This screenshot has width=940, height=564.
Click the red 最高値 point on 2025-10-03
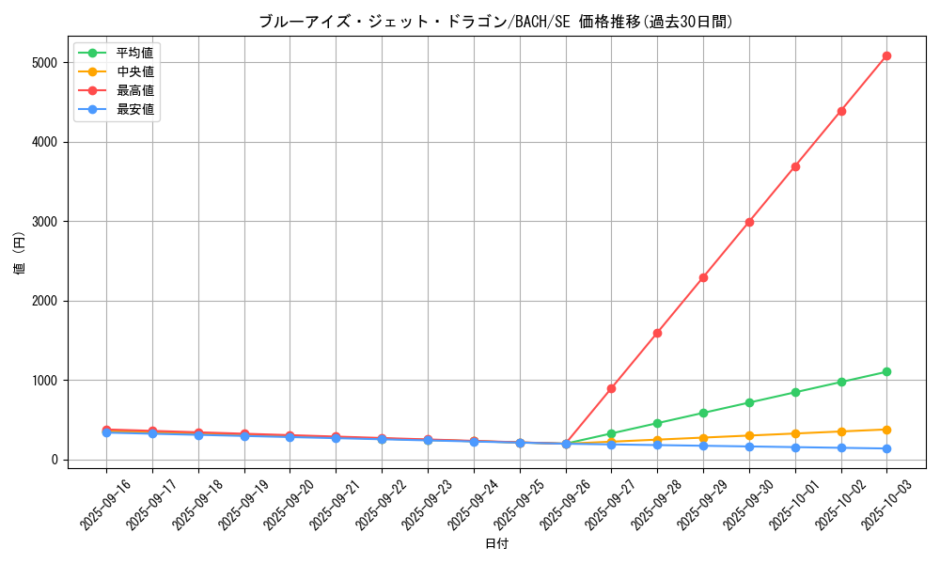pyautogui.click(x=886, y=56)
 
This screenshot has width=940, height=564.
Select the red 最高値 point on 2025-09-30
pyautogui.click(x=749, y=222)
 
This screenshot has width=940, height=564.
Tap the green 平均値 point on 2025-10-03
pyautogui.click(x=886, y=372)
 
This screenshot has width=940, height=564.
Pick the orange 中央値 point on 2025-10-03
pyautogui.click(x=886, y=430)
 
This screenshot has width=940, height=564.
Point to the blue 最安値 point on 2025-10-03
pyautogui.click(x=886, y=448)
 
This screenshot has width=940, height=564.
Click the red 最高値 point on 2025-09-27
pyautogui.click(x=611, y=388)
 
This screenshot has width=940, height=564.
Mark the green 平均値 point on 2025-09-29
pyautogui.click(x=703, y=413)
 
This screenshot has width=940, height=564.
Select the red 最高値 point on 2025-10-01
pyautogui.click(x=795, y=166)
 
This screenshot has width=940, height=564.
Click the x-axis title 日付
pyautogui.click(x=496, y=544)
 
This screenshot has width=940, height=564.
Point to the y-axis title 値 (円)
pyautogui.click(x=19, y=253)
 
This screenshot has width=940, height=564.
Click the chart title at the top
pyautogui.click(x=496, y=22)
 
